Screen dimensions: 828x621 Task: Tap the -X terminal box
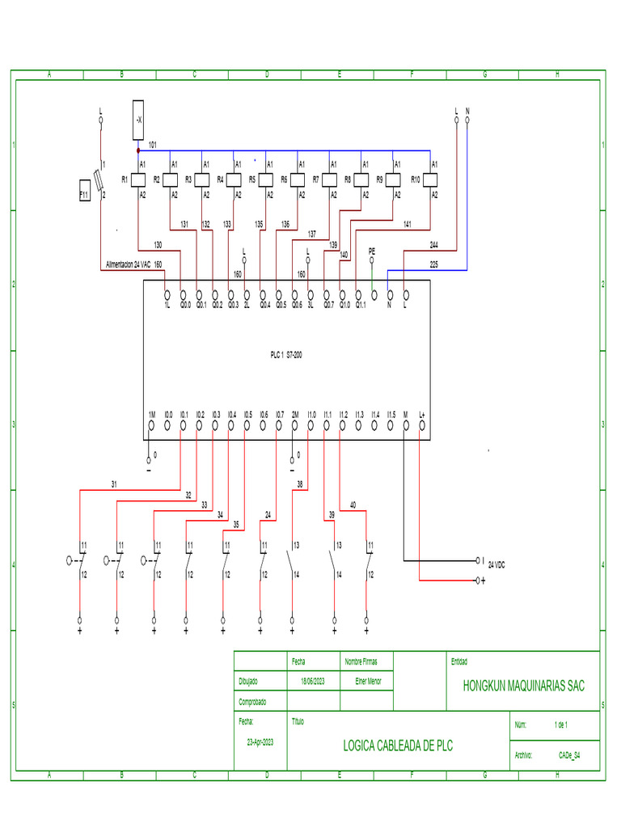137,119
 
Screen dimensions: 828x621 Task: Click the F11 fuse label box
83,195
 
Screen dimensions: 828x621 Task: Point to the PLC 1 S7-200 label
286,354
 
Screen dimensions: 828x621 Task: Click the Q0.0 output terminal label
185,305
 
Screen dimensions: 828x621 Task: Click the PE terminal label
372,251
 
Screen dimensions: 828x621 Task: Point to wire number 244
433,244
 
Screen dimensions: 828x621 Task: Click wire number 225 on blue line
433,264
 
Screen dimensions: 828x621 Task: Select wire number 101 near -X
152,144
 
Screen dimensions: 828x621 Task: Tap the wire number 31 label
114,484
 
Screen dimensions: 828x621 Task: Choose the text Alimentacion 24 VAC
128,264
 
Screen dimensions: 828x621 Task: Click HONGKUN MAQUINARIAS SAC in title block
523,686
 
